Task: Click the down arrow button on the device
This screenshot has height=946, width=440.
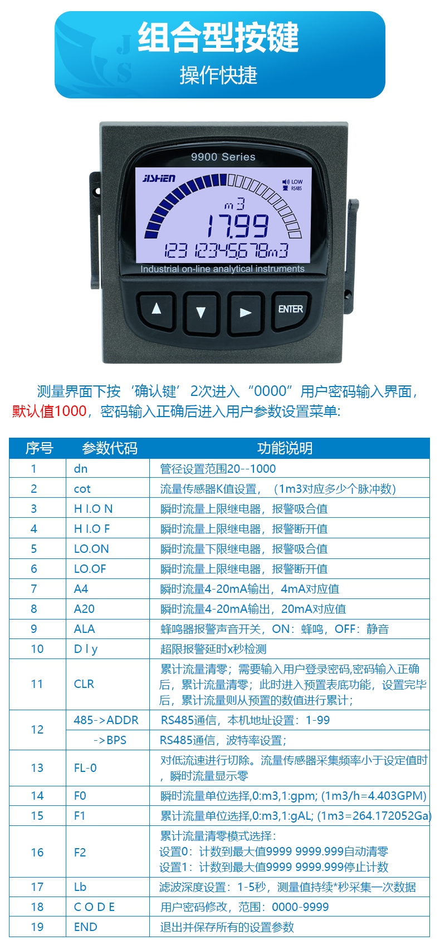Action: pos(201,312)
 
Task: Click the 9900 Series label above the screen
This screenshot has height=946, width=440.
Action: pos(223,157)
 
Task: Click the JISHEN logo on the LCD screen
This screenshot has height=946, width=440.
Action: pos(159,179)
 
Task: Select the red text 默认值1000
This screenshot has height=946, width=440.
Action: pos(50,411)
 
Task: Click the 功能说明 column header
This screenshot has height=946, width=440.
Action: pos(285,448)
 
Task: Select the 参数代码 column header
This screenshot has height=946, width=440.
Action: pos(110,448)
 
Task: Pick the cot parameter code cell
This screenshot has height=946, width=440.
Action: pos(82,489)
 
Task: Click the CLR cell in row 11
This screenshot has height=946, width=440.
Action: pos(84,684)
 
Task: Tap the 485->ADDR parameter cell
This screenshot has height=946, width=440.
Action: pos(106,720)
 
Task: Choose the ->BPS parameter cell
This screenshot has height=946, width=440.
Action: pos(110,740)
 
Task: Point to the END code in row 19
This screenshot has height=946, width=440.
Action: pos(85,927)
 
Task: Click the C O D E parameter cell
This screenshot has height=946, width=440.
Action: pos(94,907)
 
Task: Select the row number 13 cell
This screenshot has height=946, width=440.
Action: pos(37,768)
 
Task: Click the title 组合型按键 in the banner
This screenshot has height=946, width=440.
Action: pos(219,38)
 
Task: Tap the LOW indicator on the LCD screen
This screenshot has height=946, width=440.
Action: pos(297,182)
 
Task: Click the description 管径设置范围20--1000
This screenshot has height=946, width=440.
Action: pos(218,469)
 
